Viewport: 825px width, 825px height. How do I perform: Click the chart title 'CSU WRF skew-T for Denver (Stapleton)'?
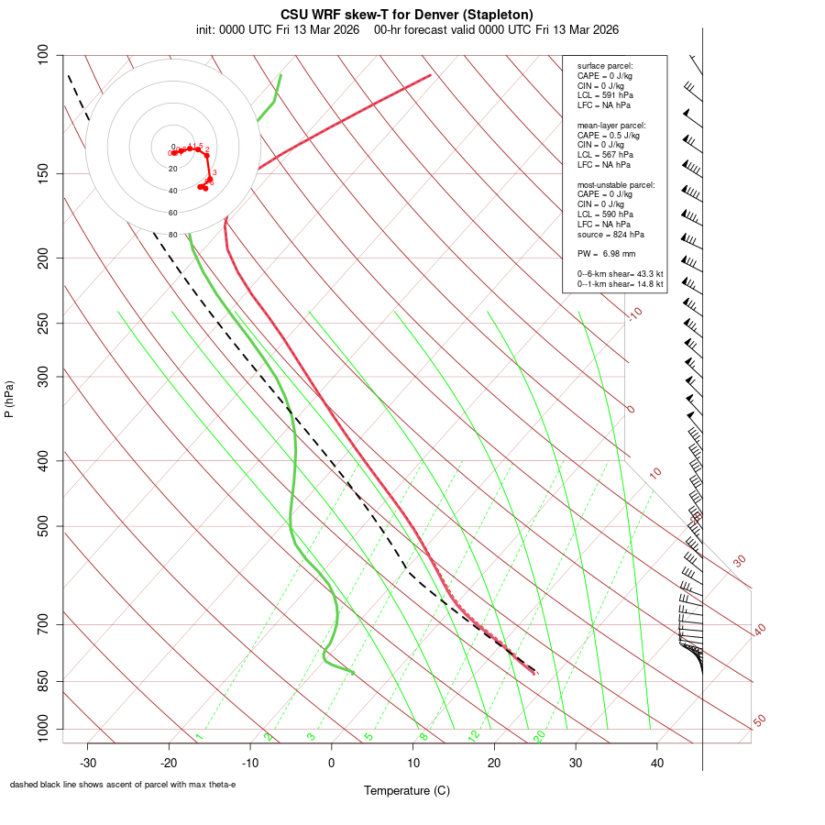pos(407,15)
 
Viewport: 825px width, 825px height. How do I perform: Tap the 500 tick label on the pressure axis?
pos(41,526)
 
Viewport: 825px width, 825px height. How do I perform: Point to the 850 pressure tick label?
pos(41,681)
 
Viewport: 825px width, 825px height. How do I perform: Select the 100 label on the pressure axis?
pos(41,55)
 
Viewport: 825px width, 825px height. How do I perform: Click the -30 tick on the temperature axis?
pos(88,763)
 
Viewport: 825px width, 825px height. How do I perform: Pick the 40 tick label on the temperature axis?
pos(656,763)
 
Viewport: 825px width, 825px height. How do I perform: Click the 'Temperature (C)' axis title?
pos(407,790)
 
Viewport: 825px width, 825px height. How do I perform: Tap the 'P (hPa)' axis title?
pos(9,399)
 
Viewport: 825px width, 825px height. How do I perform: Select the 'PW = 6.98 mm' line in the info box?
pos(606,254)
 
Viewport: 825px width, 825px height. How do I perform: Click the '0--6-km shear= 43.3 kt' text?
pos(620,274)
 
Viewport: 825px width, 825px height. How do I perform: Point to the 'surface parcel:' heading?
pos(605,66)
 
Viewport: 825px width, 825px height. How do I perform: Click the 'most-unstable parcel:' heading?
pos(616,184)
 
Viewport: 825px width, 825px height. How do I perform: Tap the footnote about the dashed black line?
pos(123,785)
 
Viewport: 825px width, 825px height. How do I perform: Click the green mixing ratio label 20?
pos(540,736)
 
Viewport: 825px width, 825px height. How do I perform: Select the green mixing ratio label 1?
pos(199,737)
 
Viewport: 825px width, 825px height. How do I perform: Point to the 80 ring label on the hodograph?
pos(172,235)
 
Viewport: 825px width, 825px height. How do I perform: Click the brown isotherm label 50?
pos(759,721)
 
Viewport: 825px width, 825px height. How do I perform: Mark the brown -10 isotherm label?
pos(633,314)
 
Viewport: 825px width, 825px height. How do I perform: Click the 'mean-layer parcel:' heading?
pos(611,125)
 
